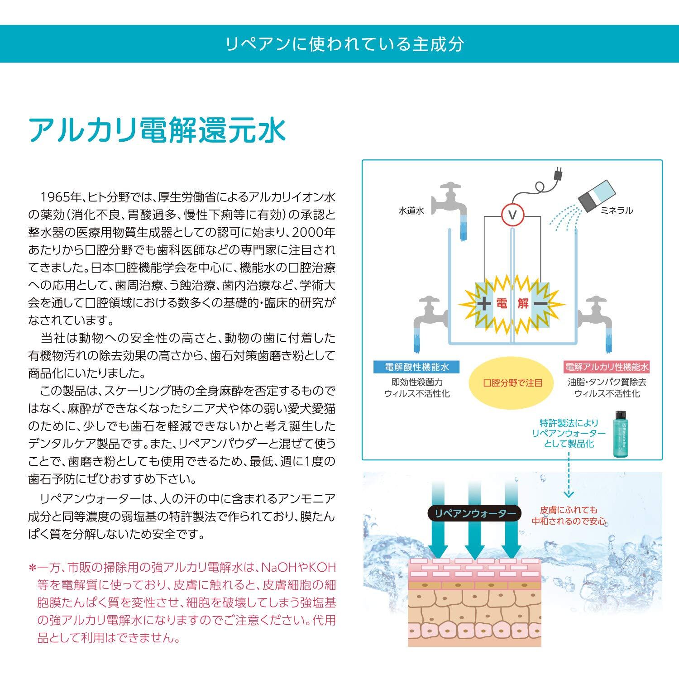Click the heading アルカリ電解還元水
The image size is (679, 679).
[x=157, y=130]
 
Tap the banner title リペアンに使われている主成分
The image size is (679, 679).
[x=345, y=44]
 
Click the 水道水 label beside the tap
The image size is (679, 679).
[x=411, y=210]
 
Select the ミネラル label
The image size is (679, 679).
[x=617, y=210]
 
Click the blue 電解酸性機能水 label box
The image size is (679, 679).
[x=416, y=367]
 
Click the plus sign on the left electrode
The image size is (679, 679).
[x=483, y=303]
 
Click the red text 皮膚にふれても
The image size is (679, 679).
[x=569, y=509]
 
